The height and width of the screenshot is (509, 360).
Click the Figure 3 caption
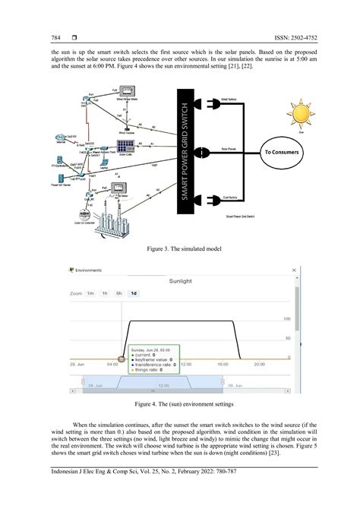pos(180,248)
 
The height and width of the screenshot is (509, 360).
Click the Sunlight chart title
pos(180,280)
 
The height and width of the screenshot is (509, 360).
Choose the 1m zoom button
pos(90,292)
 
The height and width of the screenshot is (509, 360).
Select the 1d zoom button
pos(134,292)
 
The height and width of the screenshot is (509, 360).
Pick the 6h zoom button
pos(119,292)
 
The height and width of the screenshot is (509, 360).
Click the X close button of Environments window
pos(292,269)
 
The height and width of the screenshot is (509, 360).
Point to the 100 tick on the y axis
pos(286,319)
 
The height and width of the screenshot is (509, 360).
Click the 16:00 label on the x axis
pos(223,364)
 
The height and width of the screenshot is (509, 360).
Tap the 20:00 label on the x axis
pos(259,364)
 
